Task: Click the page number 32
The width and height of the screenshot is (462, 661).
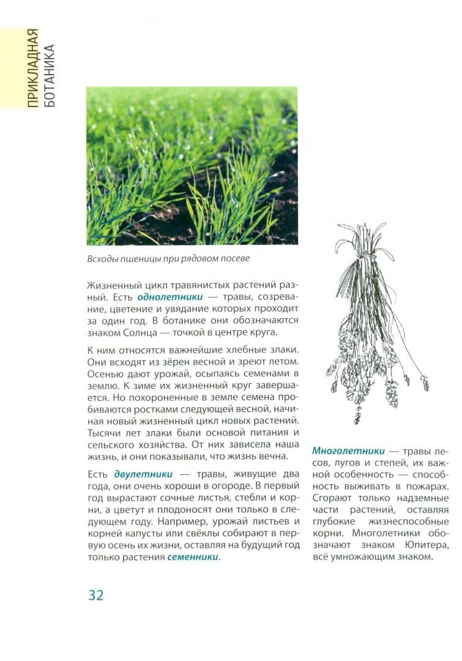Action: (95, 594)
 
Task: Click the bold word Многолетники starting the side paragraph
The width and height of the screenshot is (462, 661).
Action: (344, 450)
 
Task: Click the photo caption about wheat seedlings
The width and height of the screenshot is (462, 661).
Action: (168, 258)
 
